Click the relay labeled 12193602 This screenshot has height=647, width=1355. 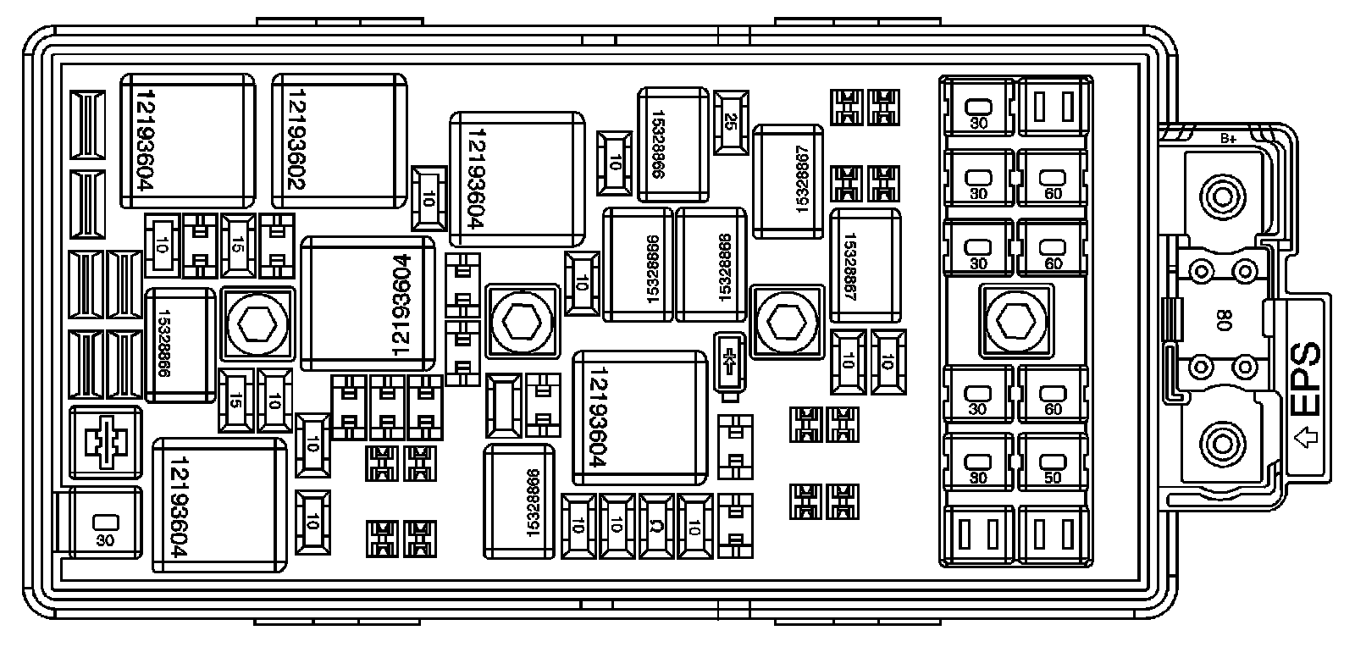tap(339, 141)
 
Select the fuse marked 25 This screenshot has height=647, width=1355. tap(731, 124)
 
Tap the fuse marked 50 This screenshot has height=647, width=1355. tap(1052, 462)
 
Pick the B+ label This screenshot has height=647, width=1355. tap(1228, 139)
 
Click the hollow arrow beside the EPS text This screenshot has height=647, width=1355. tap(1307, 439)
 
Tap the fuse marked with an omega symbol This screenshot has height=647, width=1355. tap(656, 525)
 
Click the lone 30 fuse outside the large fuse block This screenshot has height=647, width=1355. tap(104, 524)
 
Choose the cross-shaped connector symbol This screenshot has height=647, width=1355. tap(104, 440)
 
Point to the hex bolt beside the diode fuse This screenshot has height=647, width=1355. tap(787, 321)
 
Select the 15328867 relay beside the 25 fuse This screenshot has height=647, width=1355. tap(788, 181)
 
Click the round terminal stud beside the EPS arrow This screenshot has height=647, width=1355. tap(1222, 442)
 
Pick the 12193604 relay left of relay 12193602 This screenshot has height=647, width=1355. tap(188, 141)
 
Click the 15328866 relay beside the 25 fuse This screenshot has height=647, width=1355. tap(672, 144)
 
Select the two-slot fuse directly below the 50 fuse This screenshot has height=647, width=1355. tap(1052, 535)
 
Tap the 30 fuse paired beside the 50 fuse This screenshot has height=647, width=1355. tap(978, 462)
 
